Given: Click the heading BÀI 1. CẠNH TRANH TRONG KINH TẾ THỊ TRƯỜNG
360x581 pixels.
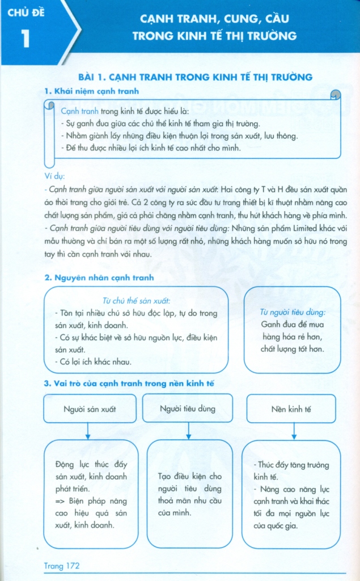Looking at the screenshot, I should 195,77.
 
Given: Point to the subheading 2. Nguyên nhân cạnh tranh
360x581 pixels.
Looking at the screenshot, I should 99,278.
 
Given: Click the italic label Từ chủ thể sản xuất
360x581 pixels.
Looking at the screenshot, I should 136,300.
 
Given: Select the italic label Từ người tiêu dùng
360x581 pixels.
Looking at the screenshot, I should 293,312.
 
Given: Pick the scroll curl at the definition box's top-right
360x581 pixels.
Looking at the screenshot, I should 336,94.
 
